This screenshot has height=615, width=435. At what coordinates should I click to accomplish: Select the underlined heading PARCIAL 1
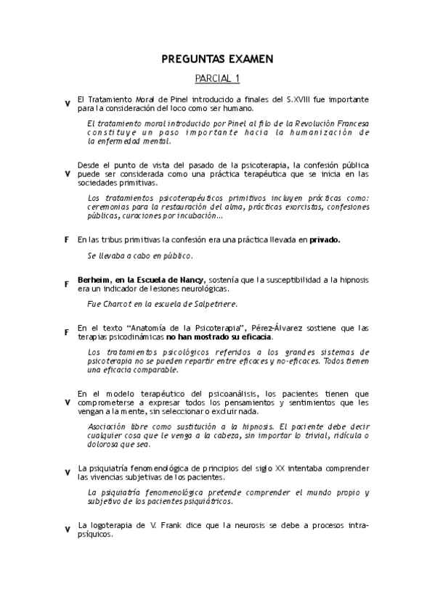pos(218,78)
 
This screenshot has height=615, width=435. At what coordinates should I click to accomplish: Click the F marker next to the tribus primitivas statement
pos(67,239)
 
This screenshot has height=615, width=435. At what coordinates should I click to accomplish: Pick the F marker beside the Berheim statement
pos(67,284)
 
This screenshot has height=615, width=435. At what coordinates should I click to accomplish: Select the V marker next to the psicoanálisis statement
pos(67,403)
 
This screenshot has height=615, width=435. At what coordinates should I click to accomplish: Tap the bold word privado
pos(325,239)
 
